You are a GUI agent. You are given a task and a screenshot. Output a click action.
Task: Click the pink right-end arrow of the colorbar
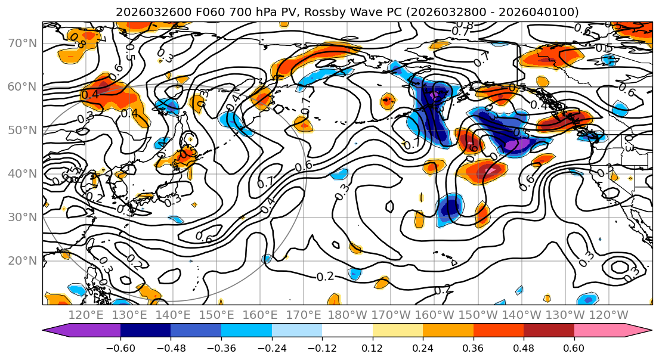pos(644,331)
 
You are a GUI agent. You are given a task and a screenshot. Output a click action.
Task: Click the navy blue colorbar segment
pos(145,331)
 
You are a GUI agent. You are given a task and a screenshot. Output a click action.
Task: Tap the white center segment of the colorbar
pos(347,331)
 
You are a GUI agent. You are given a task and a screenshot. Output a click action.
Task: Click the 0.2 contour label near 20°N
pos(325,277)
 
